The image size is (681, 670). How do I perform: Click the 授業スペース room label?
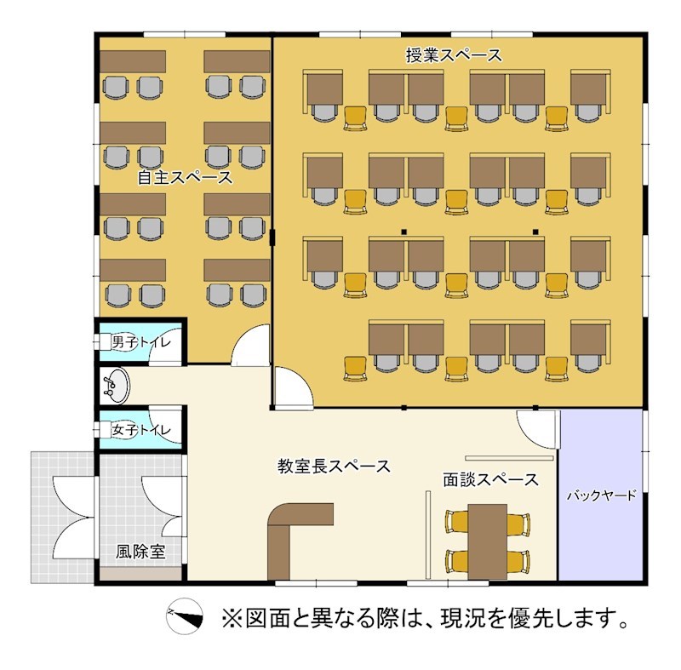(x=454, y=56)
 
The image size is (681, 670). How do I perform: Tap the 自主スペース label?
(x=185, y=178)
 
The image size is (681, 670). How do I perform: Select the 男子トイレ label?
(x=141, y=342)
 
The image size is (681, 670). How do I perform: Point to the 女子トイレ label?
(x=141, y=431)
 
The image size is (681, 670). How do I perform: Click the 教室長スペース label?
(x=334, y=466)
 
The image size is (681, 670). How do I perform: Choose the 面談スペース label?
(x=490, y=479)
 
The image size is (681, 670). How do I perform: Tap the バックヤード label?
(x=601, y=495)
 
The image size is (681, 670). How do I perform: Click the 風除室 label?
(x=140, y=551)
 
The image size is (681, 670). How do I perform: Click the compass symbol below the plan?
(x=186, y=616)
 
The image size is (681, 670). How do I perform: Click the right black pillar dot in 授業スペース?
(x=535, y=232)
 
